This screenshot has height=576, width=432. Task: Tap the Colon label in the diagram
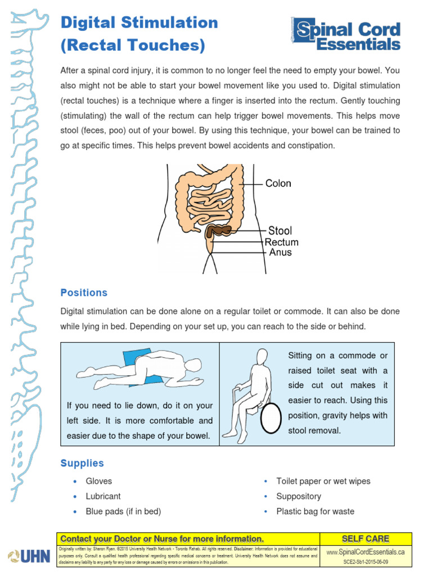278,183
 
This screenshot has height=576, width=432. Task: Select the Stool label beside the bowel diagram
280,231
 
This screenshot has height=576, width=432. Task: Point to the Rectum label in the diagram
281,242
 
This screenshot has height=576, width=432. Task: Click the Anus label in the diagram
280,253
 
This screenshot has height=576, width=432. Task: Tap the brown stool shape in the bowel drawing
219,230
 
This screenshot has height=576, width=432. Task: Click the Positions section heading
83,292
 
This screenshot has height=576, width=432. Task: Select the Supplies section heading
82,463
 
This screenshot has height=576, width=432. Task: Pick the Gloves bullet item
98,481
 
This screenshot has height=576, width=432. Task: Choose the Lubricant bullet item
103,496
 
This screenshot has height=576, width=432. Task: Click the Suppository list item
299,496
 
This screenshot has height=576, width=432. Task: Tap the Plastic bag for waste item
315,511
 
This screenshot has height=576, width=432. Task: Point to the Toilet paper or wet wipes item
323,481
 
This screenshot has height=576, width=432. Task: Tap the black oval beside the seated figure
270,417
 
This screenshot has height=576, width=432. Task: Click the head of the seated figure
263,356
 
